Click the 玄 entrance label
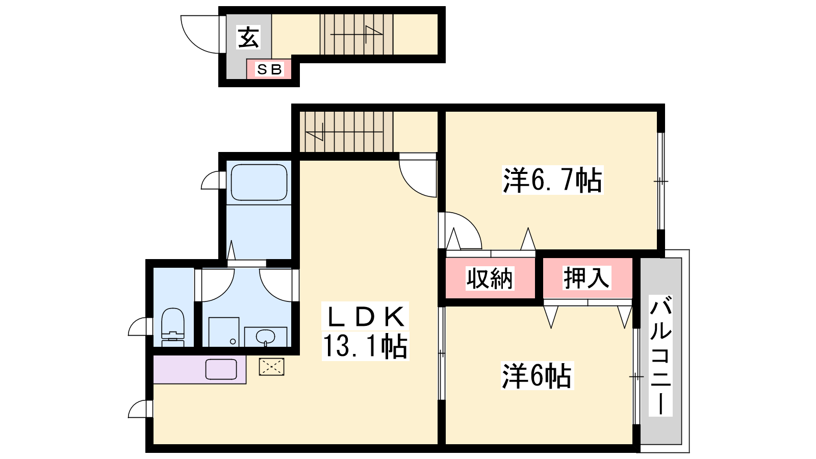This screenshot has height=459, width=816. click(x=248, y=37)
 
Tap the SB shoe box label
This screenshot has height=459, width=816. click(x=269, y=69)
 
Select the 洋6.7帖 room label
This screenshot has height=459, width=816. click(x=552, y=180)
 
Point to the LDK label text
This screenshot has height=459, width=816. click(x=366, y=317)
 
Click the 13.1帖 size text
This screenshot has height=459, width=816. click(x=365, y=346)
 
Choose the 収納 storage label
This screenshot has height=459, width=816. click(x=490, y=278)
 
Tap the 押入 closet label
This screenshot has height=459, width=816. click(x=586, y=278)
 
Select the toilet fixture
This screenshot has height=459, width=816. click(x=173, y=327)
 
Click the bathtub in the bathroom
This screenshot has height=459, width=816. click(x=259, y=182)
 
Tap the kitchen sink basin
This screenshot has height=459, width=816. click(x=221, y=369)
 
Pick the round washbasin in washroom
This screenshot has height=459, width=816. click(x=265, y=337)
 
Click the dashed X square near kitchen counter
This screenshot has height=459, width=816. click(x=271, y=367)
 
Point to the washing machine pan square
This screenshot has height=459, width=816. click(x=224, y=332)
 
